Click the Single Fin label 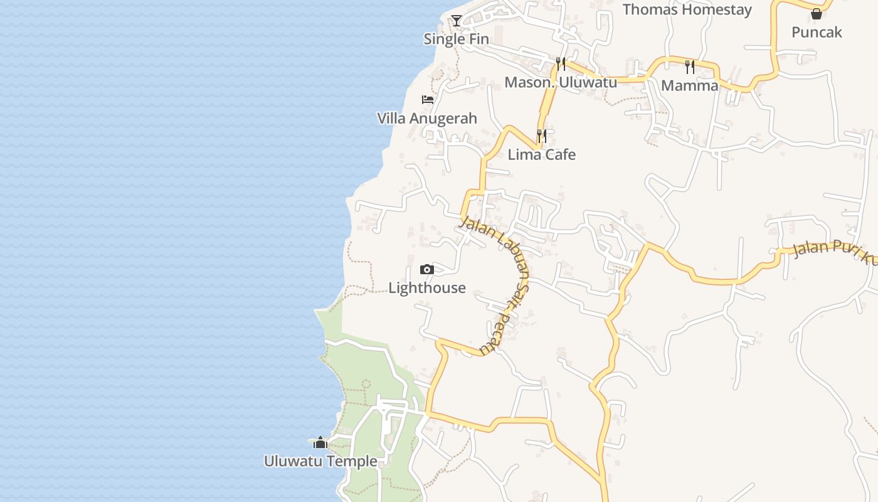pos(456,39)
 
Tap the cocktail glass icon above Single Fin pos(457,21)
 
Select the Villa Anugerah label pos(427,118)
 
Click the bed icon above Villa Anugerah pos(428,100)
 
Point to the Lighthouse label pos(427,288)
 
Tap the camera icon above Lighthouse pos(427,270)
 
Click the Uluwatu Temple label pos(320,461)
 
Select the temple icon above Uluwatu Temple pos(320,443)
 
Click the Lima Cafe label pos(541,154)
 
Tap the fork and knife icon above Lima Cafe pos(542,136)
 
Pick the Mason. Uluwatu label pos(561,82)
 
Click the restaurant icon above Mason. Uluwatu pos(561,63)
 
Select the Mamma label pos(690,85)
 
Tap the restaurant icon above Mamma pos(690,66)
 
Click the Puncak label pos(817,32)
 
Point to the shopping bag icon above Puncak pos(817,14)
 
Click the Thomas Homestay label pos(687,9)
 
